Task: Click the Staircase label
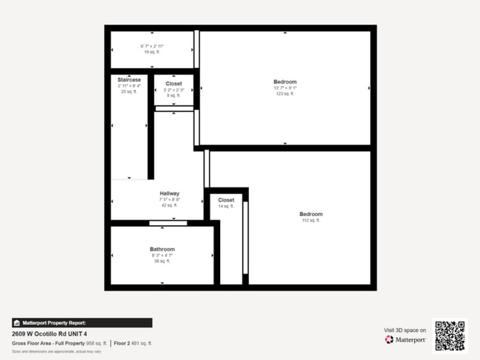129,79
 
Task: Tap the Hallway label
170,193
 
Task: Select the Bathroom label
162,249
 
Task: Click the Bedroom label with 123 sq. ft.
285,81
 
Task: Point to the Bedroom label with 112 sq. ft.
311,214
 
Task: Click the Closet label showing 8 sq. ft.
174,83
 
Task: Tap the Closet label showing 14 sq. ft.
226,200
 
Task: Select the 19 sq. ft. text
152,52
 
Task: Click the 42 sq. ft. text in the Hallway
170,206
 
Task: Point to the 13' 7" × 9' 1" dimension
285,88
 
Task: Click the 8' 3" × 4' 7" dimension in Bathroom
162,255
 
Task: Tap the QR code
450,336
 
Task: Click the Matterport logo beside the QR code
405,339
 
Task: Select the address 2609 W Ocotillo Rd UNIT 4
55,333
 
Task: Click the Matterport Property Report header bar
82,322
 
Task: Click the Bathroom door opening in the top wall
168,223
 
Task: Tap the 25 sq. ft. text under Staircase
129,91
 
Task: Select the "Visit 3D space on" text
405,330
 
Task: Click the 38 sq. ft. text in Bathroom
162,261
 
